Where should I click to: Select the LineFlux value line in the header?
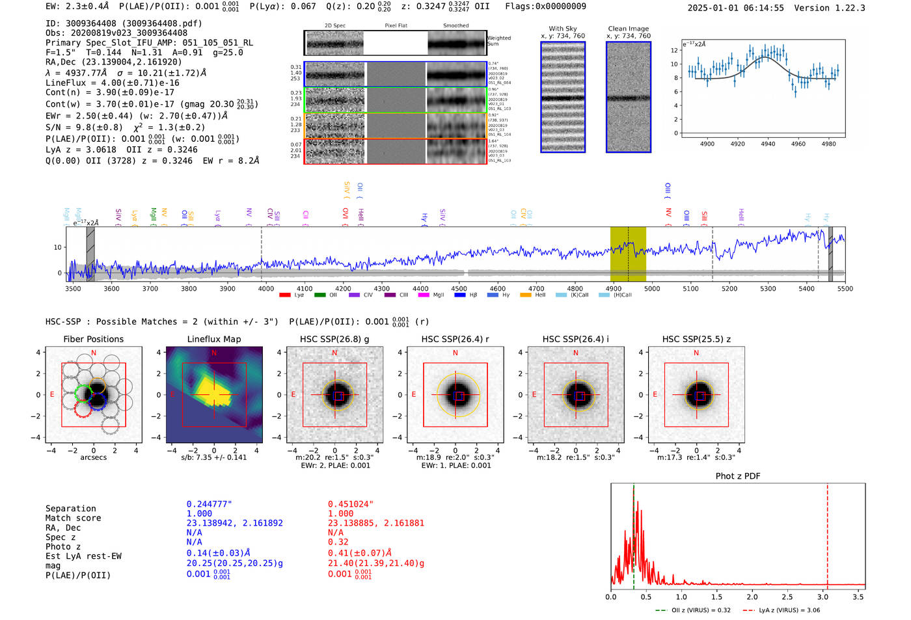click(112, 83)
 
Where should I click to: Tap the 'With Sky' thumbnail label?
click(563, 29)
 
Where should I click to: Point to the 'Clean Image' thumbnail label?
click(628, 29)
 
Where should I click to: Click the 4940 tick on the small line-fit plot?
click(768, 144)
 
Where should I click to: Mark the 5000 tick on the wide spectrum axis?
click(651, 288)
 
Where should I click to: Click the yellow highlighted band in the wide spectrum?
click(627, 254)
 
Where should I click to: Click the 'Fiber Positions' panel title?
click(93, 339)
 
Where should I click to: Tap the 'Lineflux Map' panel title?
click(213, 339)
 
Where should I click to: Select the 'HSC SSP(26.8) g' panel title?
click(334, 339)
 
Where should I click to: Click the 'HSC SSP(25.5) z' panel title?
click(696, 339)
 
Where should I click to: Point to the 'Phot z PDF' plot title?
click(738, 476)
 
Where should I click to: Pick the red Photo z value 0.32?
click(338, 542)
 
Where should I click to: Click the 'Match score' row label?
click(73, 518)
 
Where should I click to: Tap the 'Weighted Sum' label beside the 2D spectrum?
click(499, 41)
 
